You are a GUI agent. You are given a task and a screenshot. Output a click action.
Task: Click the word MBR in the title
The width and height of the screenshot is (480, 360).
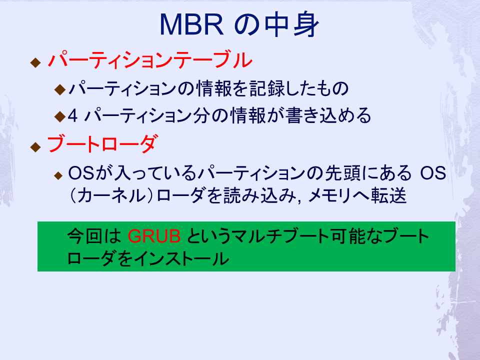coord(191,25)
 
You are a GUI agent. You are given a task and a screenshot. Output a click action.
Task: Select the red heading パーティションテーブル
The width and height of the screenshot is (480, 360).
coord(150,59)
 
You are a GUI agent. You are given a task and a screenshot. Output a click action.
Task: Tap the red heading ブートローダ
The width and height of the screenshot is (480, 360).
coord(103,143)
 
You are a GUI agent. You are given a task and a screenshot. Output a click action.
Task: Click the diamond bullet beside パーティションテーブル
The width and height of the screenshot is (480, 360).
coord(35,62)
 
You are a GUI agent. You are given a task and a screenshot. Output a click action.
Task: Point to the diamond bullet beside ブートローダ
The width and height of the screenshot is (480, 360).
coord(35,147)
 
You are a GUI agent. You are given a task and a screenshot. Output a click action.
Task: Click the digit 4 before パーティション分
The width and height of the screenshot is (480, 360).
coord(73,115)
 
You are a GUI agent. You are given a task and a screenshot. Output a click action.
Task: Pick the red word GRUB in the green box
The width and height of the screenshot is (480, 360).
coord(154,236)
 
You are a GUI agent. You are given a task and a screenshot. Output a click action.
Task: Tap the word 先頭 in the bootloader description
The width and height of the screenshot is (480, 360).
coord(343,173)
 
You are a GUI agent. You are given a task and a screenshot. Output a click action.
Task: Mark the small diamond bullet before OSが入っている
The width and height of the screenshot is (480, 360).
coord(58,175)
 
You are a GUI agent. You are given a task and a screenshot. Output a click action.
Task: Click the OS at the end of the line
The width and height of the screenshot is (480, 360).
coord(433,173)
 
